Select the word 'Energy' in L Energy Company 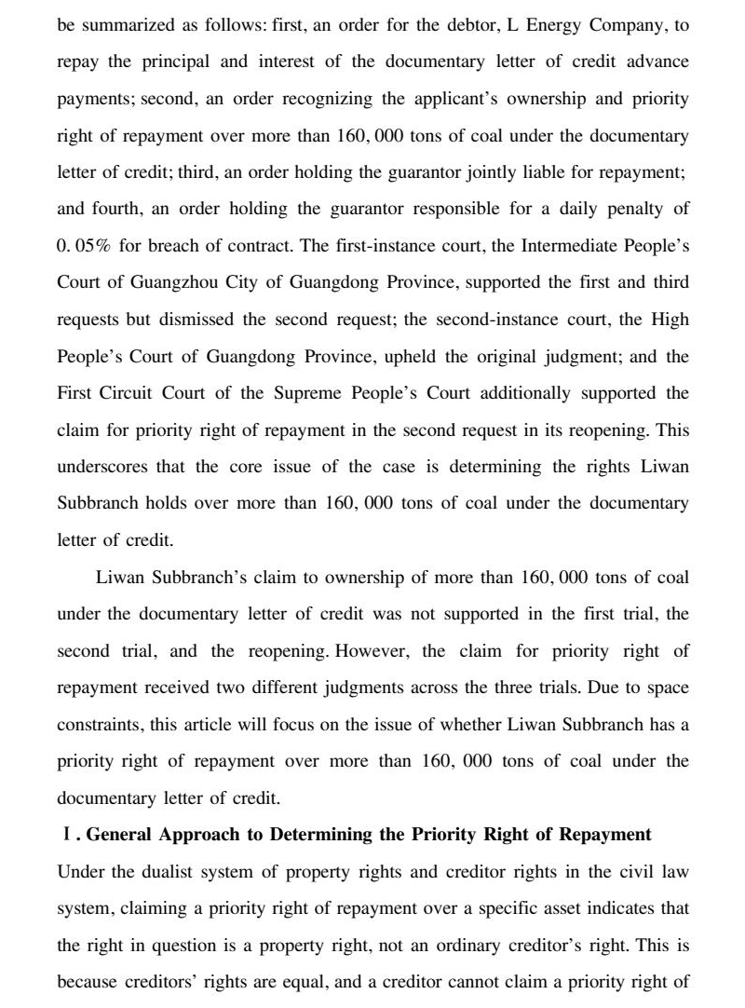point(554,25)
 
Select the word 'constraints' point(99,725)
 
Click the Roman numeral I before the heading point(64,835)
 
